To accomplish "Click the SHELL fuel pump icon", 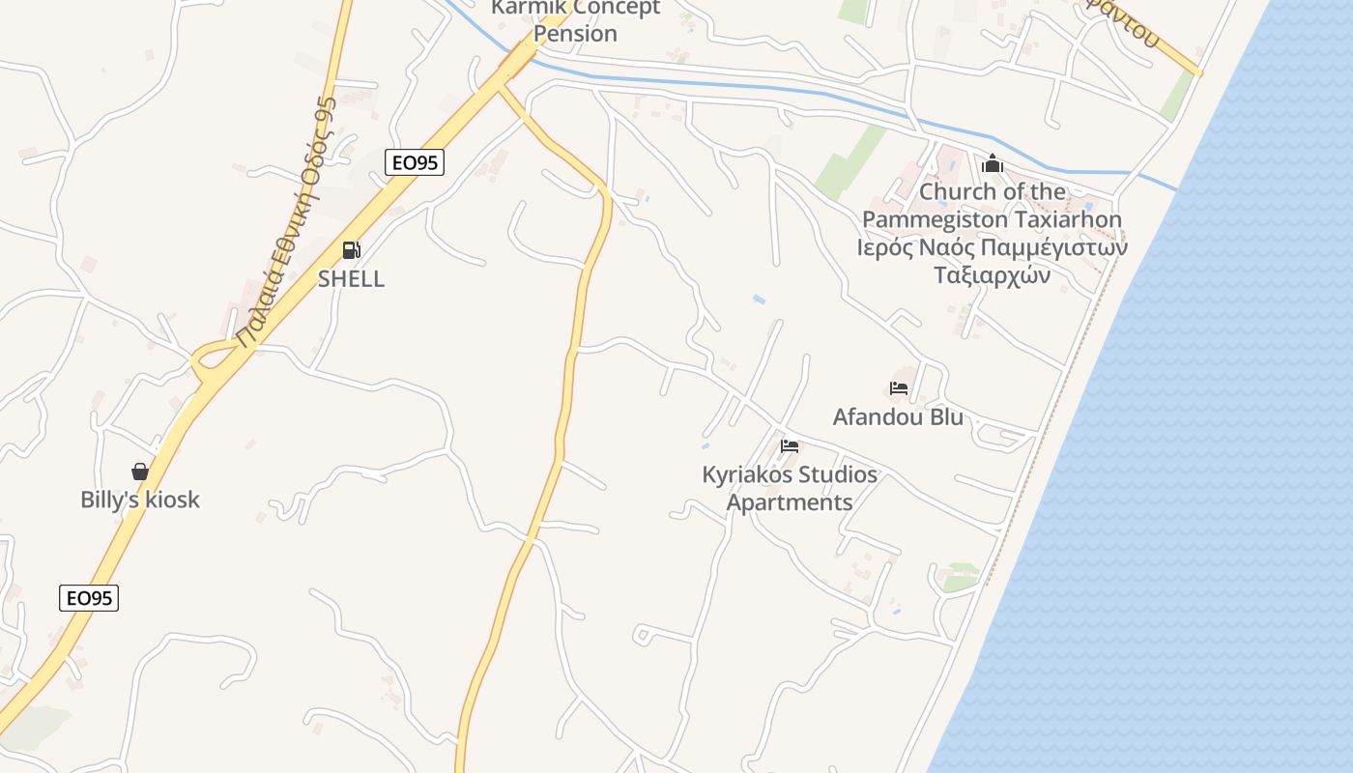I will coord(352,251).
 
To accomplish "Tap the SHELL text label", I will coord(352,279).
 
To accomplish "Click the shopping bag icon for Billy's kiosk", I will coord(140,472).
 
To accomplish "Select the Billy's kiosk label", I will coord(140,500).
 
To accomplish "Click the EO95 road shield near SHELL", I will coord(415,162).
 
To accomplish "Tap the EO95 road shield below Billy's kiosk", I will coord(89,598).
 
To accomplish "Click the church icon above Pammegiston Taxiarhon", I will coord(993,164).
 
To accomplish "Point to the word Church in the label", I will coord(957,192).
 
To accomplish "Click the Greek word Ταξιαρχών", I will coord(993,275).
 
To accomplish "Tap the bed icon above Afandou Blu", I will coord(899,388).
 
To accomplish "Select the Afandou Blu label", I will coord(899,417).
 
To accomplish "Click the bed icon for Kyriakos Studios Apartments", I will coord(790,446).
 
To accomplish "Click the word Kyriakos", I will coord(747,475).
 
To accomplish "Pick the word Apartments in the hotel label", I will coord(790,503).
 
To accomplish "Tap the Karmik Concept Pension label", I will coord(576,20).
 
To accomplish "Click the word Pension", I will coord(576,34).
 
